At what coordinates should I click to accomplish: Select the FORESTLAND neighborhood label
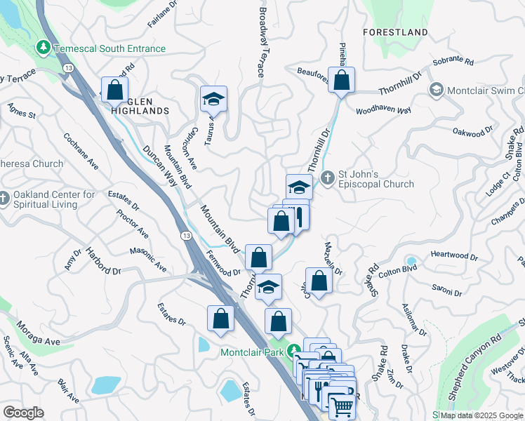coord(395,32)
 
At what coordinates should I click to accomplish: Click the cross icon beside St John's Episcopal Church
coord(326,178)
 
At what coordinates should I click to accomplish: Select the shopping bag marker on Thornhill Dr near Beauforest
coord(341,81)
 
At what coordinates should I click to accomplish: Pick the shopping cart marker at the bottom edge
coord(342,406)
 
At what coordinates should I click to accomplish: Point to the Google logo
coord(24,413)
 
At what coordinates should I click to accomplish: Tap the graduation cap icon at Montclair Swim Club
coord(436,91)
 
